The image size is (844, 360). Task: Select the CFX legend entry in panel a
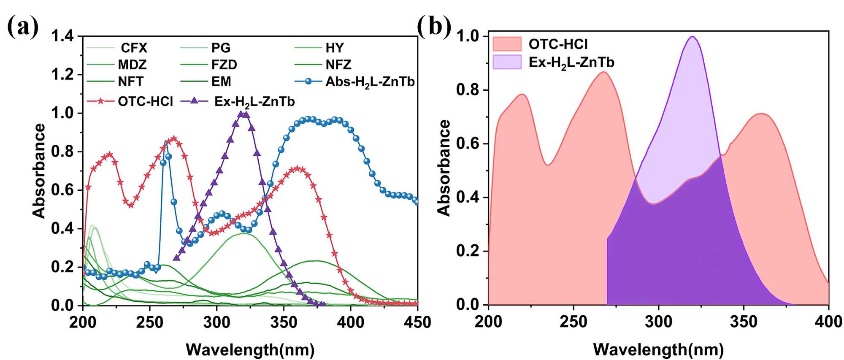[x=134, y=48]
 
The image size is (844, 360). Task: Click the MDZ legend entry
[x=132, y=65]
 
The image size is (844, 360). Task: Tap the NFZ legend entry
[x=338, y=65]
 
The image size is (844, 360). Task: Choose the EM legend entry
[x=221, y=81]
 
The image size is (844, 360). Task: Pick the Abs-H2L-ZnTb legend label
[x=370, y=82]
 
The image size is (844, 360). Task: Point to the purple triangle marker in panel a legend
[x=195, y=101]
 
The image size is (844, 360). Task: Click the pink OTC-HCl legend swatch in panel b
[x=507, y=43]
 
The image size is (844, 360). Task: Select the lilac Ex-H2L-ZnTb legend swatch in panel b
[x=507, y=62]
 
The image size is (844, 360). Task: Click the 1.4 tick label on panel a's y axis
[x=62, y=36]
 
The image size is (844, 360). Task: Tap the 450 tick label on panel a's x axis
[x=417, y=323]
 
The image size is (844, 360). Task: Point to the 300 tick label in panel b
[x=659, y=322]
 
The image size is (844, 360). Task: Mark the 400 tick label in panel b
[x=828, y=322]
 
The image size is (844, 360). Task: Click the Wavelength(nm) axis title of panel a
[x=250, y=349]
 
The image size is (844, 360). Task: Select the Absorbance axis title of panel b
[x=444, y=168]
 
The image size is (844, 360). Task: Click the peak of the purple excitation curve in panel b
[x=692, y=37]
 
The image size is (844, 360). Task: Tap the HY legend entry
[x=334, y=48]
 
